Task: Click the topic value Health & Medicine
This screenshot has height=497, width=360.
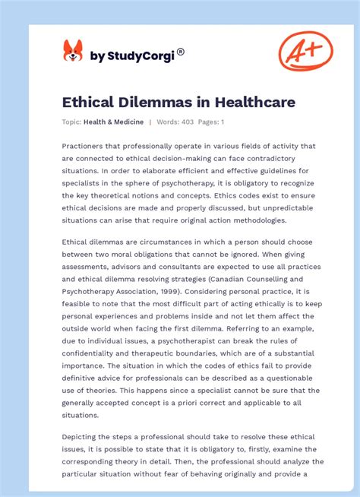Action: [115, 122]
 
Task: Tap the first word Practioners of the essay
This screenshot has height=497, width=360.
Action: [89, 146]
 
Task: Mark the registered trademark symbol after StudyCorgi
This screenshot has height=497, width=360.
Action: [181, 52]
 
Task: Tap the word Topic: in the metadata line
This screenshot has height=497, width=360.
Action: [72, 122]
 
